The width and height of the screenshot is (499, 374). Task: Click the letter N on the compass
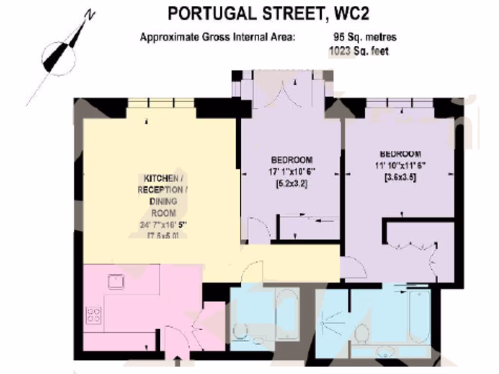[x=89, y=15]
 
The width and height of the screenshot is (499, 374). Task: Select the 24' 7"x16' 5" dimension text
[x=163, y=225]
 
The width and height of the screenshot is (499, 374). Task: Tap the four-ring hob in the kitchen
[x=94, y=316]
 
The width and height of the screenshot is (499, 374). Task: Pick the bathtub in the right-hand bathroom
[x=419, y=317]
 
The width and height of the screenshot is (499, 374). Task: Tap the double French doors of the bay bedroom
[x=283, y=93]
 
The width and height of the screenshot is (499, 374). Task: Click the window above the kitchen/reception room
[x=160, y=103]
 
